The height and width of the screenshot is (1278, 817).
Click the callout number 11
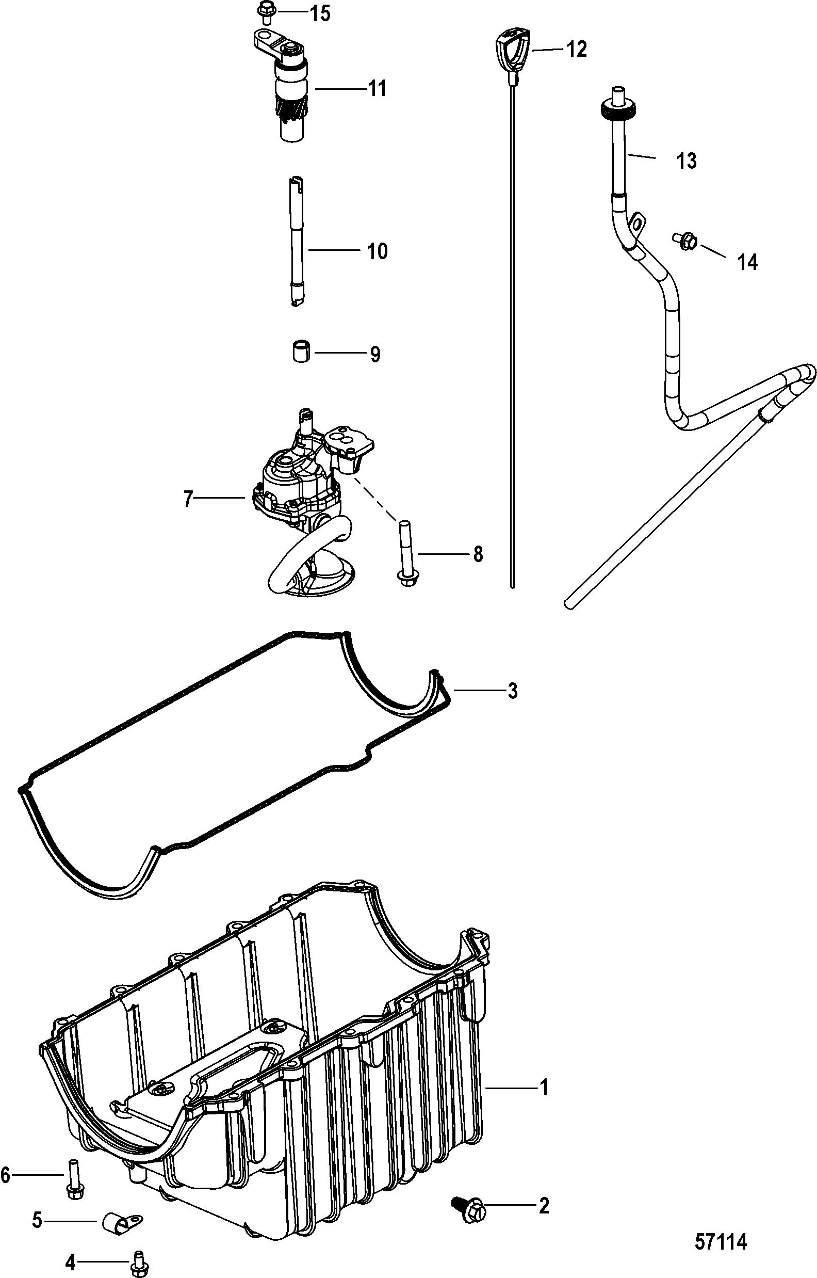[377, 89]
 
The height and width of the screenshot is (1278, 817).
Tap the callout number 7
[188, 500]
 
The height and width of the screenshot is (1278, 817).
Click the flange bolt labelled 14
[685, 242]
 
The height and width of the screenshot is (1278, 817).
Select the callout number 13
[687, 161]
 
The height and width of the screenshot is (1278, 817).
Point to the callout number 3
[513, 692]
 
